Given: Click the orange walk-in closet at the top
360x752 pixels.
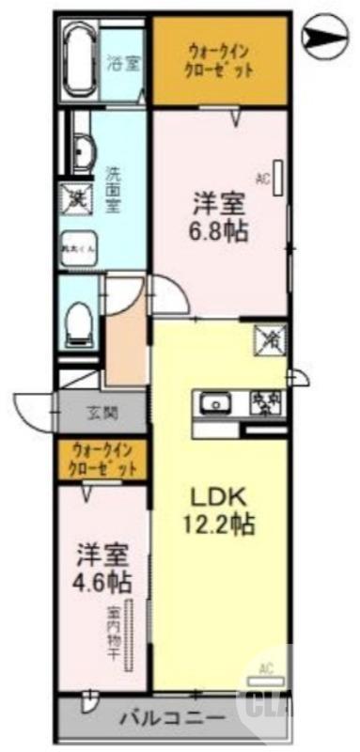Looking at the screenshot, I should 219,60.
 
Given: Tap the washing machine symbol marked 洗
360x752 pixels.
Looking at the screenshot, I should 74,196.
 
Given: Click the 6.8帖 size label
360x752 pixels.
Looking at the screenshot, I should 222,231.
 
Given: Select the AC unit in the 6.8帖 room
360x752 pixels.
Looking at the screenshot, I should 279,178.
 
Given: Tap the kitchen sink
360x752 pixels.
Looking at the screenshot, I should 217,403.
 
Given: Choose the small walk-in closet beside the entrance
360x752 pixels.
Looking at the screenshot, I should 104,459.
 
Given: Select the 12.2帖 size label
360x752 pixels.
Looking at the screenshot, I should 220,525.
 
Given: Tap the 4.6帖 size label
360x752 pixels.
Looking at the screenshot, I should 99,580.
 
